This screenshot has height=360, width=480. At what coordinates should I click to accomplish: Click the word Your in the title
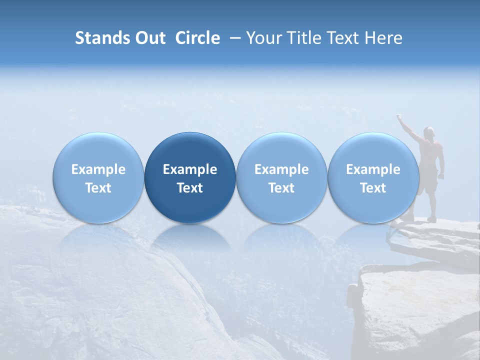[x=263, y=38]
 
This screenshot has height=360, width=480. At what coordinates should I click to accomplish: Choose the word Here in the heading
[x=383, y=38]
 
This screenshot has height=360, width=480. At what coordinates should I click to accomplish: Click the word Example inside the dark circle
[x=190, y=169]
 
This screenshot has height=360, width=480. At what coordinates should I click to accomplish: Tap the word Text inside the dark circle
[x=190, y=188]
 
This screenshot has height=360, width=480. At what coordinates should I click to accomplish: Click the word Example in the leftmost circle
[x=98, y=169]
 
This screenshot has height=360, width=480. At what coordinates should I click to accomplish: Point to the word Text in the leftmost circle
[x=98, y=188]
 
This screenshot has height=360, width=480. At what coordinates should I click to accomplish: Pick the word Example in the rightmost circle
[x=373, y=169]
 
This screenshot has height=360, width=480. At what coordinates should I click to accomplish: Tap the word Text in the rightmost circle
[x=373, y=188]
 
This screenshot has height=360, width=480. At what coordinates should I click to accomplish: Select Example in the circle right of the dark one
[x=281, y=169]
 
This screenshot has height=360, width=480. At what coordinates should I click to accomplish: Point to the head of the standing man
[x=428, y=131]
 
